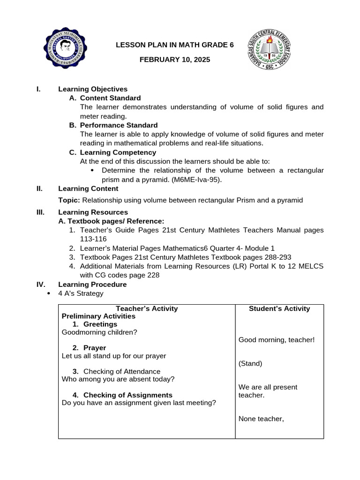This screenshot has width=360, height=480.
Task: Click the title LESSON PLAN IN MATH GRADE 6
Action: click(175, 45)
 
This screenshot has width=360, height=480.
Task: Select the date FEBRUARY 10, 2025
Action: click(175, 60)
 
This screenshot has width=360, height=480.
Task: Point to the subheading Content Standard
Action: click(110, 98)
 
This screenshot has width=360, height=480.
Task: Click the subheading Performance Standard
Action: click(119, 125)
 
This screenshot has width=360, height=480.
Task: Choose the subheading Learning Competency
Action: click(118, 152)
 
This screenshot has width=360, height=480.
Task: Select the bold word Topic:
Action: click(69, 200)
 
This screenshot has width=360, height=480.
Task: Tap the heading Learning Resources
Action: click(93, 212)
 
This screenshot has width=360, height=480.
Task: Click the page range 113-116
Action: click(93, 239)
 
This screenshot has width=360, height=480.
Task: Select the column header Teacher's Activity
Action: click(147, 308)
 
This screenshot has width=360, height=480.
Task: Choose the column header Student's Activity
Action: click(279, 308)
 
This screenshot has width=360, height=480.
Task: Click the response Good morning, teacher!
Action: click(277, 339)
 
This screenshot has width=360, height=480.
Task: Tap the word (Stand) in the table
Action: click(250, 363)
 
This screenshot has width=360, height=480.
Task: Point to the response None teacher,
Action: click(261, 419)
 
